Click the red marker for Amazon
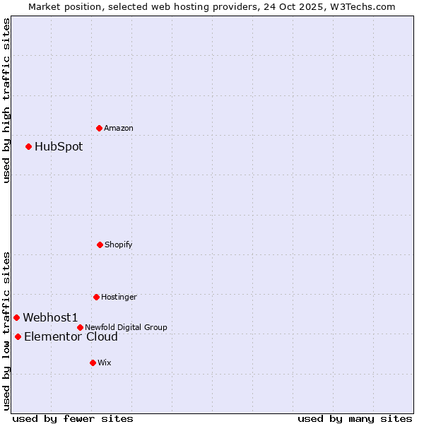coord(100,128)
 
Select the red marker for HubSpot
coord(29,146)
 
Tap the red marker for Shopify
coord(100,245)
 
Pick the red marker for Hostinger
coord(96,297)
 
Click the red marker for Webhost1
coord(16,317)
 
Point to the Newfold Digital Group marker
coord(80,327)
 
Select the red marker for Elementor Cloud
coord(18,336)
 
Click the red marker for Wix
coord(93,363)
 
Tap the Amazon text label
coord(119,128)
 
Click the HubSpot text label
coord(59,146)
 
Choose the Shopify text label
coord(119,245)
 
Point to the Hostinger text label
coord(119,297)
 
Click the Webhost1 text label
coord(50,317)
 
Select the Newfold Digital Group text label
coord(126,327)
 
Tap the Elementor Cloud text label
coord(71,336)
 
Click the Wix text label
coord(105,363)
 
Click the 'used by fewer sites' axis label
coord(73,418)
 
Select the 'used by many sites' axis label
coord(355,418)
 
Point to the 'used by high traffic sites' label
coord(6,100)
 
